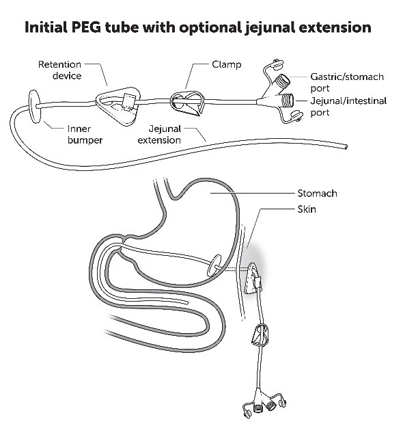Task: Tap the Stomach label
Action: point(317,194)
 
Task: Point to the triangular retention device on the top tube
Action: point(117,102)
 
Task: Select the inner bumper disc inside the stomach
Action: point(215,266)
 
